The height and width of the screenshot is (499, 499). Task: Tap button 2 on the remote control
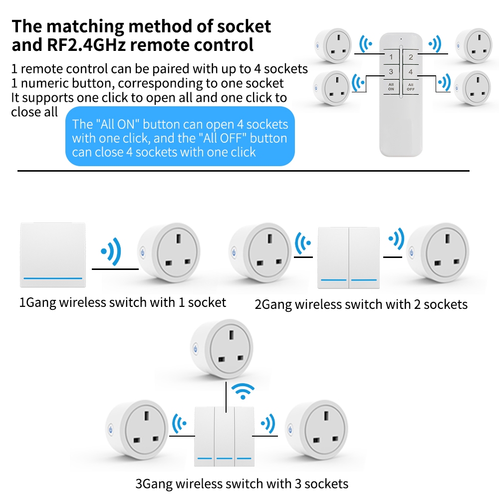pos(411,57)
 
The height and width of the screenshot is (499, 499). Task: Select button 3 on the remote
pos(391,71)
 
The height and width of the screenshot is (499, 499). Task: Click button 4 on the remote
pos(411,71)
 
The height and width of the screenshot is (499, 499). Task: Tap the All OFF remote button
pos(411,87)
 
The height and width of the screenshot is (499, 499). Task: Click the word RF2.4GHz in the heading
pos(86,44)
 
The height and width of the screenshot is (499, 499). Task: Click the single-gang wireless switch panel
pos(53,255)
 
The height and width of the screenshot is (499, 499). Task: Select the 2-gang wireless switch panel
pos(348,258)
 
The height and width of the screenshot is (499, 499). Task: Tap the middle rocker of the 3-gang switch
pos(225,436)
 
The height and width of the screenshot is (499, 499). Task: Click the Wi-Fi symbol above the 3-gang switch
pos(243,391)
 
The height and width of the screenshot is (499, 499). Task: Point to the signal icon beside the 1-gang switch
pos(111,251)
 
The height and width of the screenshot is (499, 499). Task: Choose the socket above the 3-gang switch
pos(222,349)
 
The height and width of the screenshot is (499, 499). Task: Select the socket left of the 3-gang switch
pos(137,430)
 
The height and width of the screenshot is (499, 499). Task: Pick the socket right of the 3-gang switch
pos(316,430)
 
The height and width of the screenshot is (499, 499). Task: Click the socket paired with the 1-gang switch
pos(169,252)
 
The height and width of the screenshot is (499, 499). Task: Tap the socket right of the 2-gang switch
pos(438,253)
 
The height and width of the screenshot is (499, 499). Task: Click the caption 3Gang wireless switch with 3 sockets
pos(242,484)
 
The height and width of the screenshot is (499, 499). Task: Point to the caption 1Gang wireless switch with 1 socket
pos(123,302)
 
